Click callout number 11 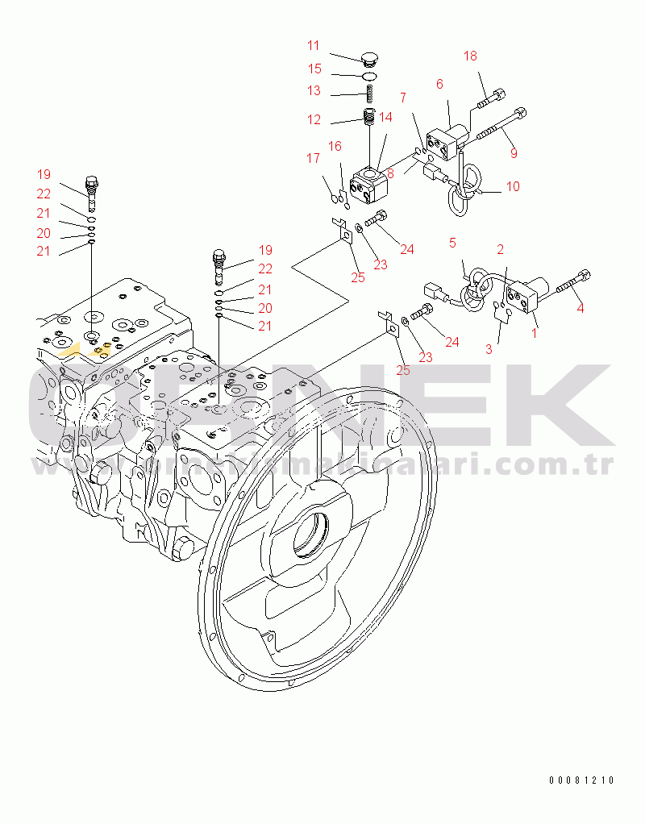tap(314, 45)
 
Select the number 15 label tap(314, 69)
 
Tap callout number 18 tap(470, 56)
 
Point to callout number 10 tap(513, 186)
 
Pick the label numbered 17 tap(313, 159)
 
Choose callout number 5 tap(452, 242)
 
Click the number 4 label tap(580, 307)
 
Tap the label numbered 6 tap(440, 83)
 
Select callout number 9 tap(514, 152)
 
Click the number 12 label tap(314, 120)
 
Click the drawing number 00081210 tap(582, 780)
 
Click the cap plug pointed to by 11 tap(370, 58)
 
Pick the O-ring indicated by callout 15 tap(370, 76)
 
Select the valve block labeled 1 tap(528, 296)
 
